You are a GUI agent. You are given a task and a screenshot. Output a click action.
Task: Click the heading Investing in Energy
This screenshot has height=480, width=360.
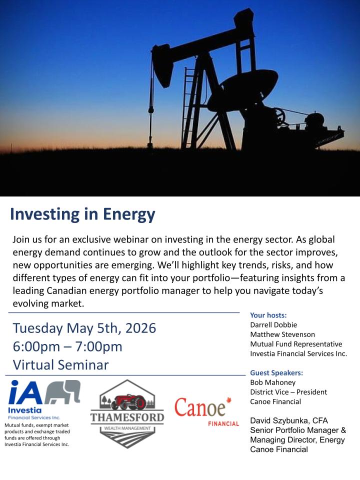pyautogui.click(x=82, y=214)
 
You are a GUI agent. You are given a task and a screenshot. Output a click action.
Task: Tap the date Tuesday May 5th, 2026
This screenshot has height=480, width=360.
pyautogui.click(x=84, y=328)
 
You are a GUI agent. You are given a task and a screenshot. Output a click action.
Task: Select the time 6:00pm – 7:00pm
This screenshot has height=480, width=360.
pyautogui.click(x=67, y=347)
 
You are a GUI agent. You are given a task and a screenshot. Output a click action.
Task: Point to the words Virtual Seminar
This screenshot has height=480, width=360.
pyautogui.click(x=60, y=365)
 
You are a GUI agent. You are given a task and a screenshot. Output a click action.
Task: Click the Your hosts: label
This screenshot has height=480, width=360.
pyautogui.click(x=268, y=315)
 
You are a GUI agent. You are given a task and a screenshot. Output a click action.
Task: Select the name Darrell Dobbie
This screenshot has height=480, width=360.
pyautogui.click(x=273, y=325)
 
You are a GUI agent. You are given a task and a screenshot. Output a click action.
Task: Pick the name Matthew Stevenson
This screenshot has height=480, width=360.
pyautogui.click(x=282, y=334)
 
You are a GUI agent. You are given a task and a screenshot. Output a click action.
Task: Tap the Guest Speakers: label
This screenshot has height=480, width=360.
pyautogui.click(x=276, y=373)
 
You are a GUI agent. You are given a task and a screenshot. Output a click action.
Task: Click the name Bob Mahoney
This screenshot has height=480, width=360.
pyautogui.click(x=273, y=382)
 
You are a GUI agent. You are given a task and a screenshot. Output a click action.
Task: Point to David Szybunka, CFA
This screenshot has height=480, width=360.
pyautogui.click(x=289, y=420)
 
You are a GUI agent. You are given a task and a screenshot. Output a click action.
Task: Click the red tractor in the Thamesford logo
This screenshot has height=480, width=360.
pyautogui.click(x=129, y=402)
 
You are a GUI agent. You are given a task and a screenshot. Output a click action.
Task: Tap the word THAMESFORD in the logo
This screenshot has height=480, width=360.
pyautogui.click(x=127, y=417)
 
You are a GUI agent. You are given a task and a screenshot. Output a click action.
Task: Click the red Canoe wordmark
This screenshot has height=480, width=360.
pyautogui.click(x=200, y=408)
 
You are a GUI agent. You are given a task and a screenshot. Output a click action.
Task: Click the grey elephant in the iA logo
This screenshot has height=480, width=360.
pyautogui.click(x=63, y=391)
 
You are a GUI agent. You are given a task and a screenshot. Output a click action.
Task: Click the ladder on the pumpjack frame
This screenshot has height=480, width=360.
pyautogui.click(x=189, y=107)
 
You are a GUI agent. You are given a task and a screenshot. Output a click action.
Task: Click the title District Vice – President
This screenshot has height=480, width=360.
pyautogui.click(x=288, y=392)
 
